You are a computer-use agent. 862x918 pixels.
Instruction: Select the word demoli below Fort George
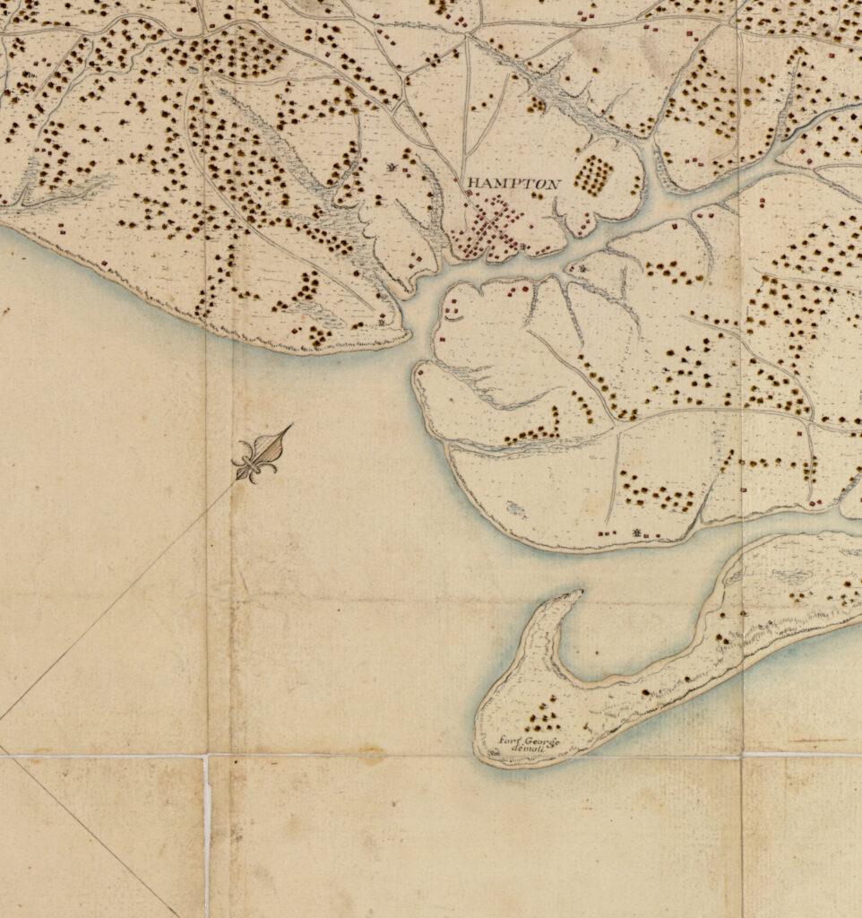pyautogui.click(x=530, y=749)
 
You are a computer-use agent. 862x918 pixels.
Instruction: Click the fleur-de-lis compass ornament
pyautogui.click(x=256, y=458)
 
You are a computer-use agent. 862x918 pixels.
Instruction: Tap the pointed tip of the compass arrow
pyautogui.click(x=291, y=426)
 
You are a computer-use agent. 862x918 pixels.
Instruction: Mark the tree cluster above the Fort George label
pyautogui.click(x=540, y=717)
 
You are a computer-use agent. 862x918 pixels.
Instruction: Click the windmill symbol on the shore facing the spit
pyautogui.click(x=637, y=533)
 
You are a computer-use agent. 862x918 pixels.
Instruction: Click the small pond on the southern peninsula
pyautogui.click(x=515, y=508)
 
